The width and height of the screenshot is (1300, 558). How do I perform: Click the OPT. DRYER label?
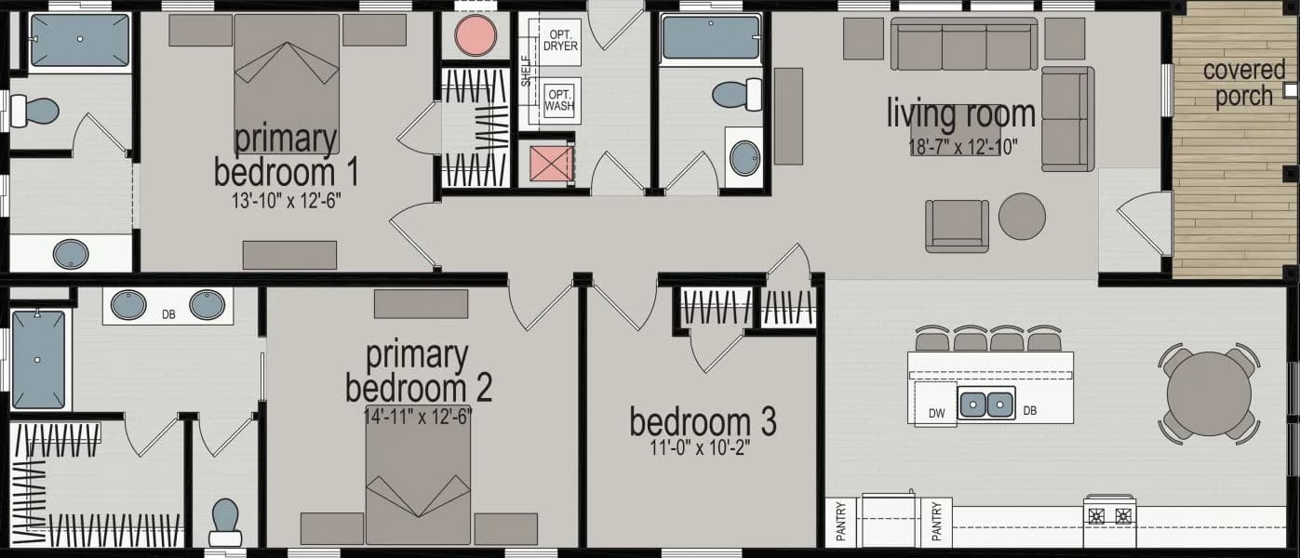click(560, 40)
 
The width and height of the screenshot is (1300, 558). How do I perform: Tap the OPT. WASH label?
click(560, 100)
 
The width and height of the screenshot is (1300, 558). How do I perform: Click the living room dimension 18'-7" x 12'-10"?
click(963, 146)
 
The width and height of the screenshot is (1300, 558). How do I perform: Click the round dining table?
click(1210, 393)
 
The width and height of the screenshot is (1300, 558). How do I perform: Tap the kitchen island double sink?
click(986, 405)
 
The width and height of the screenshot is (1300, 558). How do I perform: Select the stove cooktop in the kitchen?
click(1109, 512)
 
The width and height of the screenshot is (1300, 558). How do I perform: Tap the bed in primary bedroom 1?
click(286, 74)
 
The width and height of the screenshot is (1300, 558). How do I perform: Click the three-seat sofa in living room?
click(964, 45)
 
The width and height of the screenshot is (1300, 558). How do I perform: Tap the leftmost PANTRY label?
click(838, 523)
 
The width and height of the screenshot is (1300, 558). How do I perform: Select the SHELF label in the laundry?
click(526, 70)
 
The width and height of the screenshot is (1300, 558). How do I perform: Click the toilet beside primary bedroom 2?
click(225, 522)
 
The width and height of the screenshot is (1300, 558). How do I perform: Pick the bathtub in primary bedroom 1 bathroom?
click(79, 40)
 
